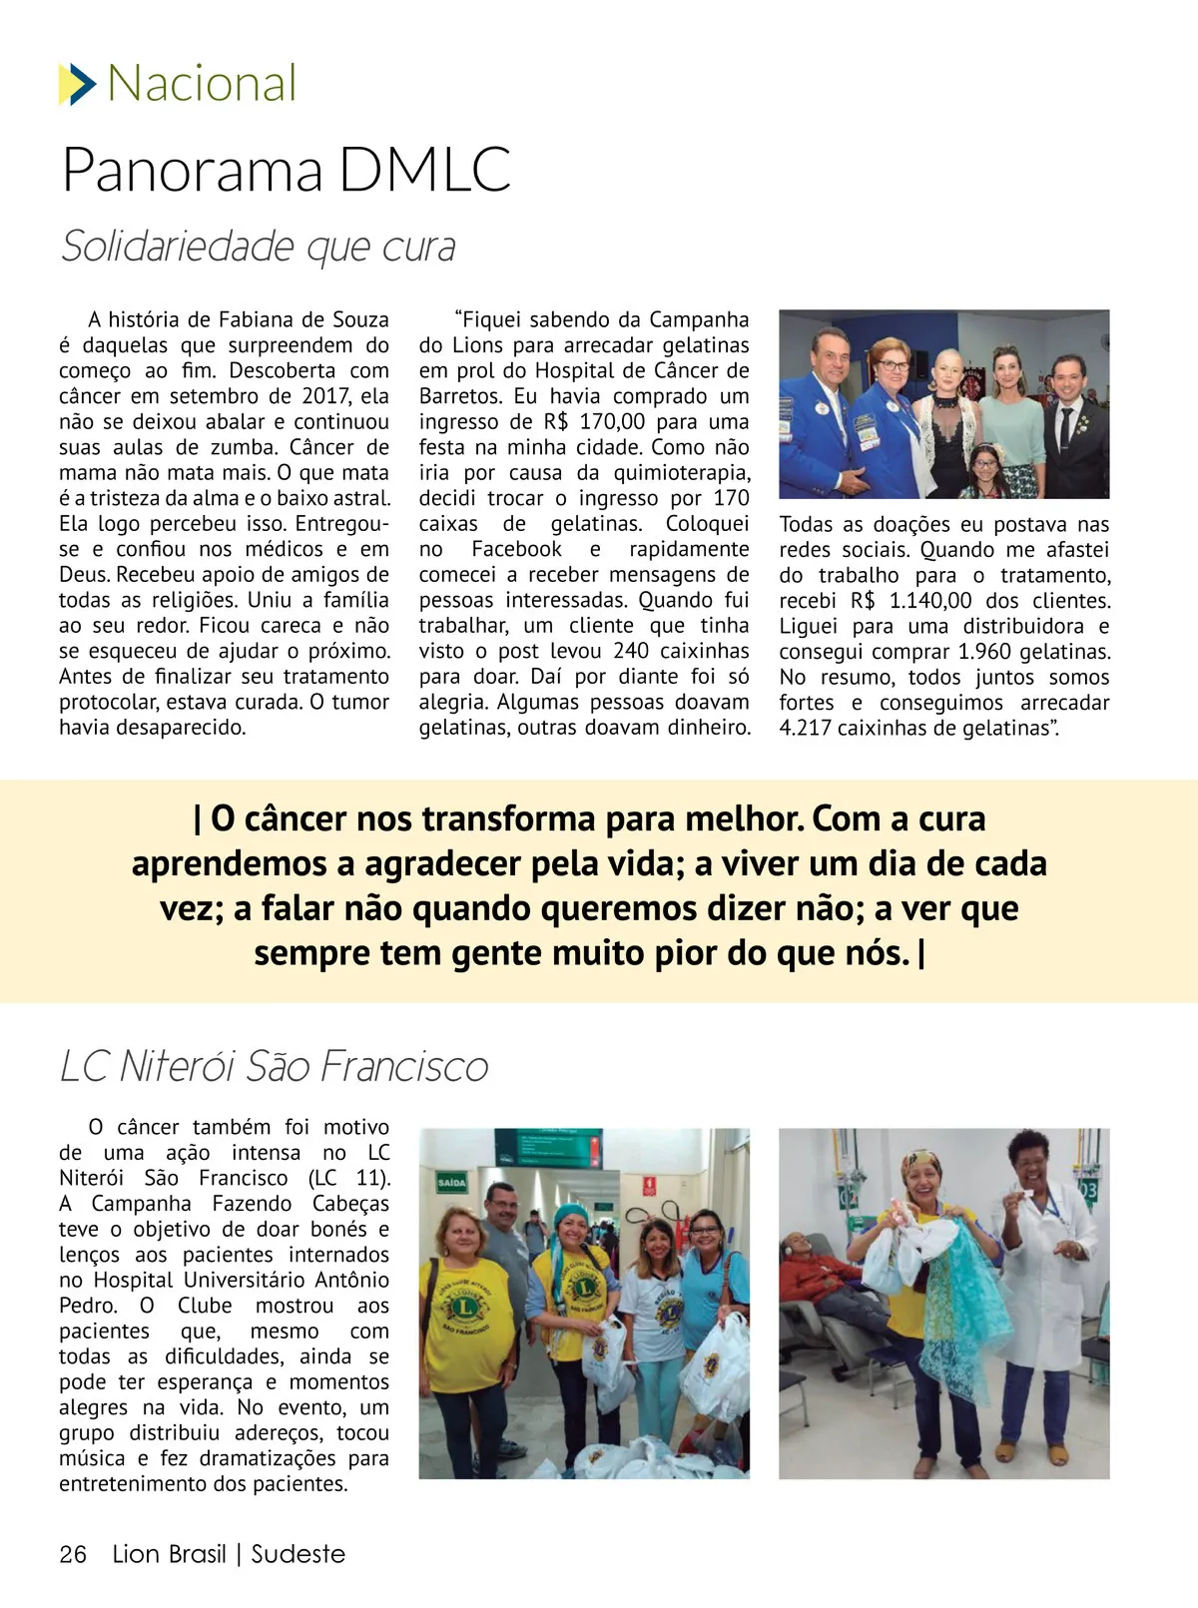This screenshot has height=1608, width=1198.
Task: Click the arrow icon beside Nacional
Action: point(77,84)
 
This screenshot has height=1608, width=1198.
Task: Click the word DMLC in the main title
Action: point(424,170)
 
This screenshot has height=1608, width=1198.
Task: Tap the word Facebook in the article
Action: point(516,549)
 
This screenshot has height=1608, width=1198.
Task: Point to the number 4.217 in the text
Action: point(805,728)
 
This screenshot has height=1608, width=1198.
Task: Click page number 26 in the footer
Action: point(73,1554)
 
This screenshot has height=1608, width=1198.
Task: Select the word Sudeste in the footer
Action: point(298,1554)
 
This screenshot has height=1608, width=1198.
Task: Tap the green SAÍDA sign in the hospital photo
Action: point(451,1183)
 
